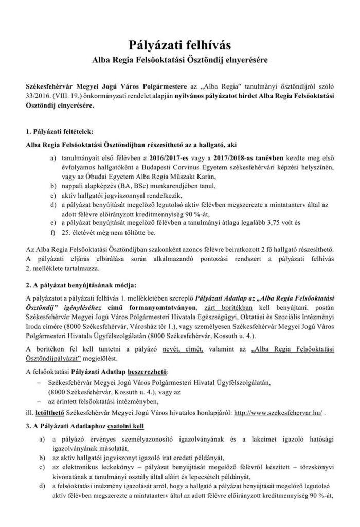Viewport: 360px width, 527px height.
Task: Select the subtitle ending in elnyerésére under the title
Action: pyautogui.click(x=180, y=60)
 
